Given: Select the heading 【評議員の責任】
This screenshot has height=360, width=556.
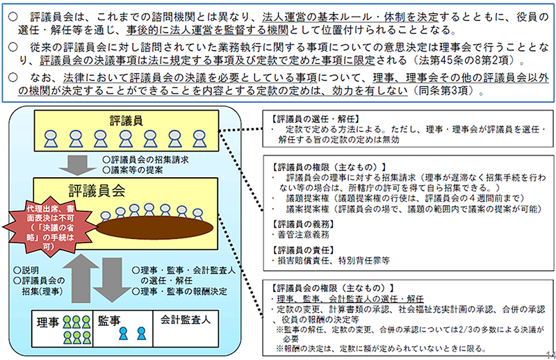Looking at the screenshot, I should coord(300,249).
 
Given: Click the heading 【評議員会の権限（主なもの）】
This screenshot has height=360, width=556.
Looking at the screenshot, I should coord(325,287).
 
